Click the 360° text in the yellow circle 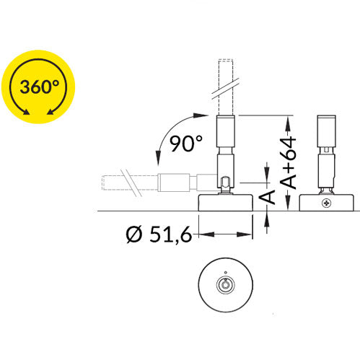point(39,87)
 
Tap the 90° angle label point(186,144)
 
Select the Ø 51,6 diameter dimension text point(159,234)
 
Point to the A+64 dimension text point(289,162)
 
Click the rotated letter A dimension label point(267,197)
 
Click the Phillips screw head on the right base point(326,203)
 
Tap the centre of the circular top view point(226,285)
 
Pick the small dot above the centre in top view point(225,273)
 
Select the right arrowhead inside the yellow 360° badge point(51,112)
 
